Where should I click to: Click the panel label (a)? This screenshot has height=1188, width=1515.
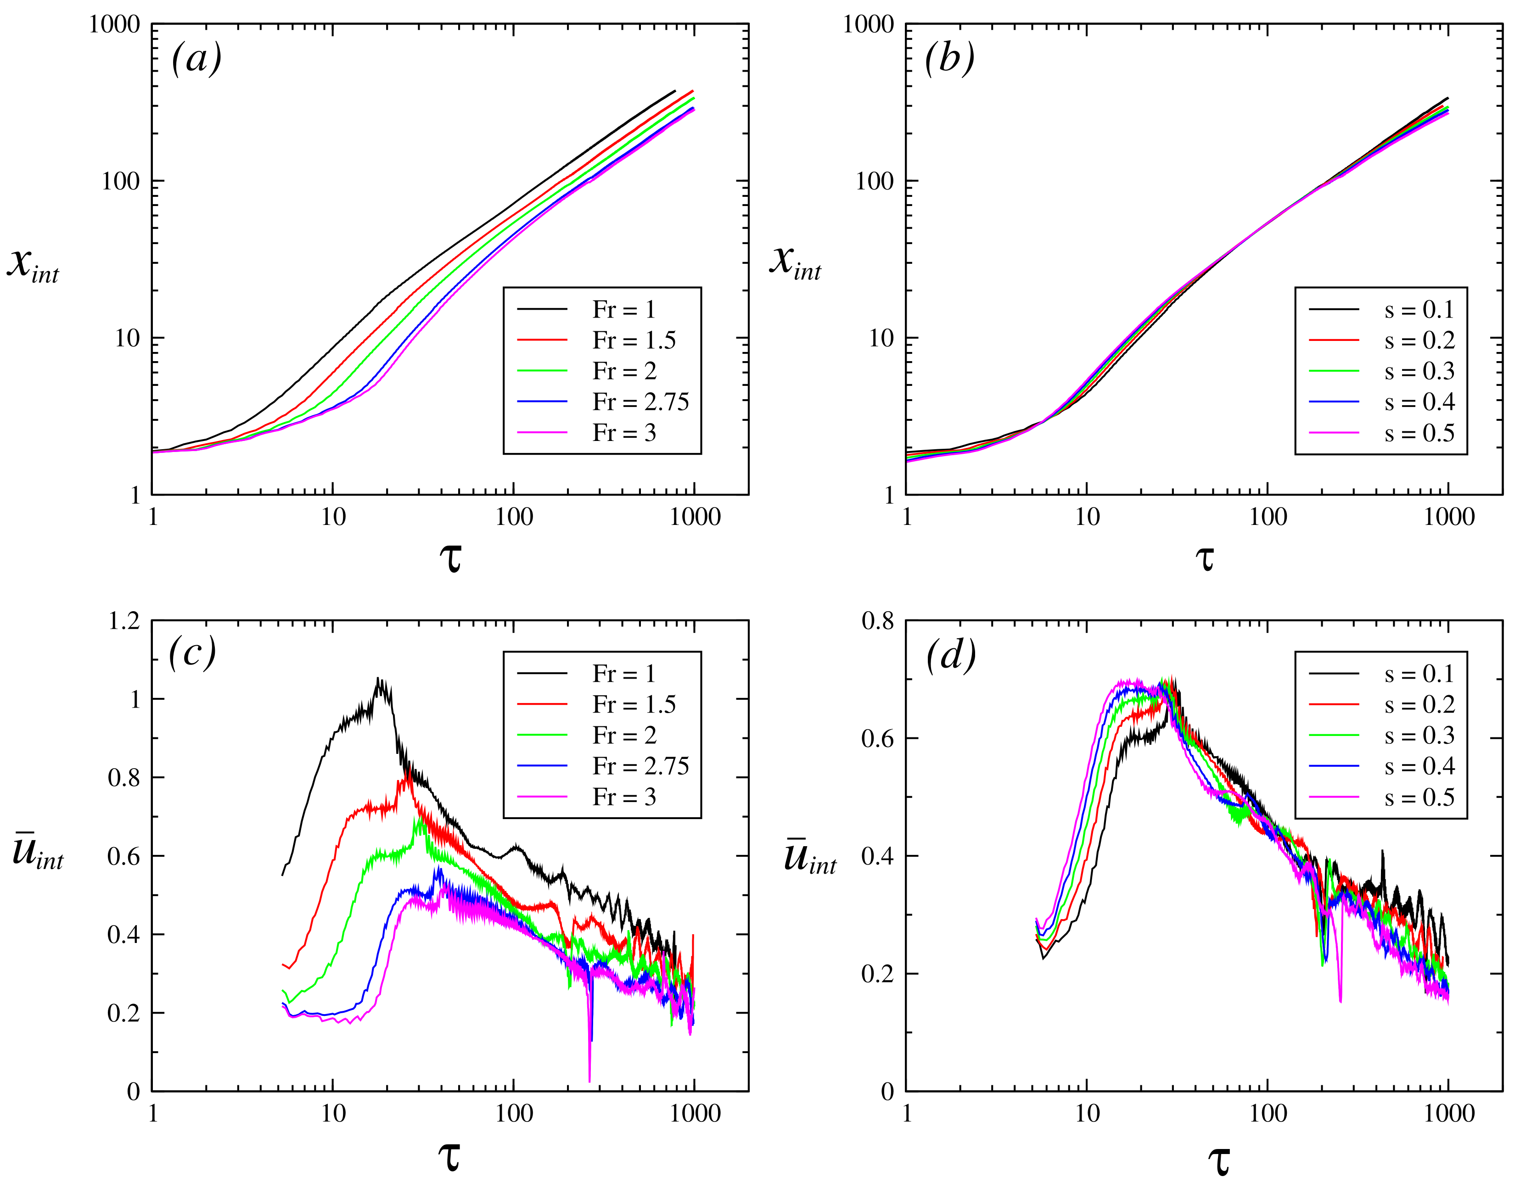(196, 58)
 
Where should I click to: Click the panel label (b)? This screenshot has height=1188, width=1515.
(949, 58)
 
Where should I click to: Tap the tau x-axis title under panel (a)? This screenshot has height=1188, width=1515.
(451, 558)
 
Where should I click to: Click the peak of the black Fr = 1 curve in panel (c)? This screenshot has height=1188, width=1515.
(379, 678)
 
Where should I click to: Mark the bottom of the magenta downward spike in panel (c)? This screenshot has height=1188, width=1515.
(589, 1082)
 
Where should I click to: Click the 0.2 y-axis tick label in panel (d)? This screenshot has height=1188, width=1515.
(877, 974)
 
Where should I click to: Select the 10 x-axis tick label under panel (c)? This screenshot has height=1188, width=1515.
(333, 1114)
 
